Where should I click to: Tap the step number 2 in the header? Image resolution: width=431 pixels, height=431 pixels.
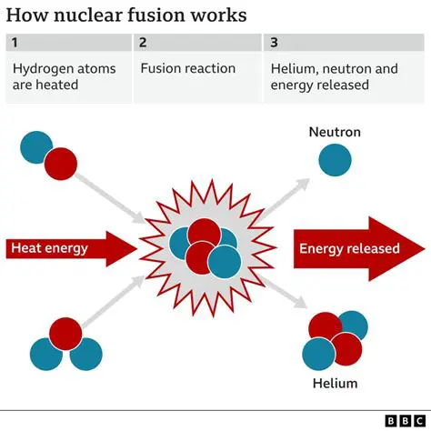coord(143,43)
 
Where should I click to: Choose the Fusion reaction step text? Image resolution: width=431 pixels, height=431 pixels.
coord(187,68)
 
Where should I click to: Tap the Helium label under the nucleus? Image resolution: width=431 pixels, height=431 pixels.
coord(335,383)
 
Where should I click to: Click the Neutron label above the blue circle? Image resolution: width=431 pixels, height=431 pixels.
coord(335,133)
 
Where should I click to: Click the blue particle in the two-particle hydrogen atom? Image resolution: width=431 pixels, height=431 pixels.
coord(37,147)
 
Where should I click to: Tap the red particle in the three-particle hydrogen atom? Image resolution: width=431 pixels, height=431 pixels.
coord(65,334)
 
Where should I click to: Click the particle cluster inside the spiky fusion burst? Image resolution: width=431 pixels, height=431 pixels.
coord(205,246)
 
